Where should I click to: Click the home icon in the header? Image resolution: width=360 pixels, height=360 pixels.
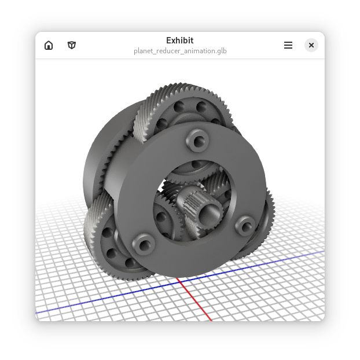tap(49, 45)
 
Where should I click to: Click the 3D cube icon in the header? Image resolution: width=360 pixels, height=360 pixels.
tap(72, 45)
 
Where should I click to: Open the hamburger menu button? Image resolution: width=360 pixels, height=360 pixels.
tap(288, 45)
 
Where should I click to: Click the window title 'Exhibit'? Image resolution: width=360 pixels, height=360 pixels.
tap(179, 41)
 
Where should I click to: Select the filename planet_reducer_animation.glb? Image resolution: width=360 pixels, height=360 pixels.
tap(179, 51)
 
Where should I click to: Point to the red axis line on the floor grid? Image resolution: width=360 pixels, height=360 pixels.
tap(197, 301)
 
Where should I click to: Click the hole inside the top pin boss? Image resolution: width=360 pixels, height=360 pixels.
tap(196, 139)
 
